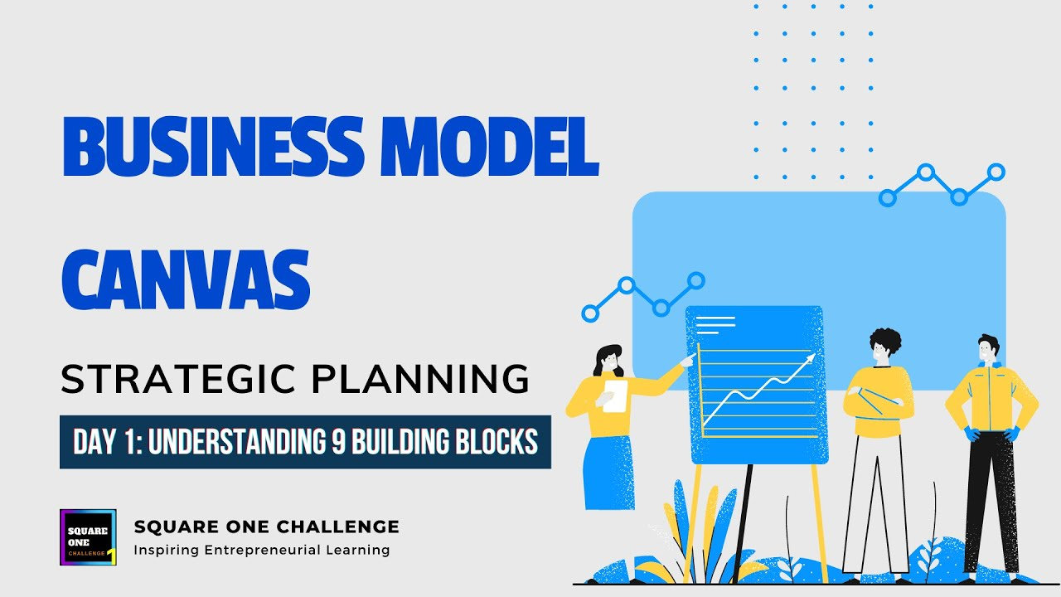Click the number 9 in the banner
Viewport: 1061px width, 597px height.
(x=338, y=442)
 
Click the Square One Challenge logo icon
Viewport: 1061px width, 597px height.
(x=88, y=537)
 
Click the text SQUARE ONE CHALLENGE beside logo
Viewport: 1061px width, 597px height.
(x=266, y=527)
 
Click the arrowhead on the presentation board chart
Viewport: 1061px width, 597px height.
(x=807, y=359)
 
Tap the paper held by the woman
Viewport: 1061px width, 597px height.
(x=613, y=396)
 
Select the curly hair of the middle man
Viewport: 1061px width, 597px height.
(x=885, y=341)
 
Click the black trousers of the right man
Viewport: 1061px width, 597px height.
(x=991, y=498)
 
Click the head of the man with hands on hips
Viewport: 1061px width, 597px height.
(x=987, y=347)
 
